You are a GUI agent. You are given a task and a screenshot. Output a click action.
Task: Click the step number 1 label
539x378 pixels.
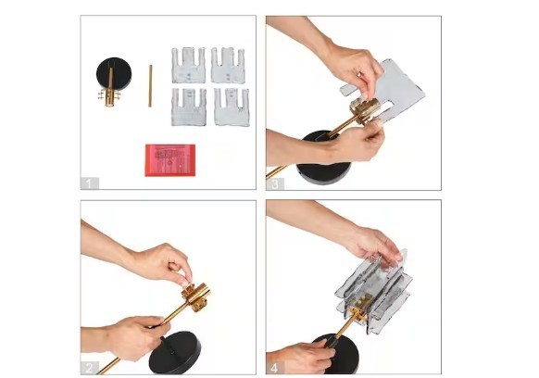(x=90, y=183)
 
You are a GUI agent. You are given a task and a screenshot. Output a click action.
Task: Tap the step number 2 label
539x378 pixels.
(x=90, y=368)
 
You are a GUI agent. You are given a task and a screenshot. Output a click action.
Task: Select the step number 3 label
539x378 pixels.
(x=275, y=184)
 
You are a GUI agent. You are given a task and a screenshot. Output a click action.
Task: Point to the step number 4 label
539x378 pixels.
(x=275, y=368)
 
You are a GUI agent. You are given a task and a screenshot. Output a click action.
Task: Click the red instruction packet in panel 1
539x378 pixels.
(x=170, y=160)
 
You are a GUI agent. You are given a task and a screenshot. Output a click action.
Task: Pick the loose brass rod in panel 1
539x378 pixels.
(x=150, y=86)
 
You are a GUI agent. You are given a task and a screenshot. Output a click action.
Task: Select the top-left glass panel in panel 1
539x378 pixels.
(x=188, y=66)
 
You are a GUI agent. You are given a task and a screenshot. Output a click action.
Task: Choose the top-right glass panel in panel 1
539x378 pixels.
(x=228, y=66)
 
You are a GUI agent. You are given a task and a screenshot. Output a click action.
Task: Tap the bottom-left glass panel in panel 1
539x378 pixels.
(x=189, y=107)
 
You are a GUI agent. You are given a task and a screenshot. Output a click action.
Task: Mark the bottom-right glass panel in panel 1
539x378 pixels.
(x=232, y=107)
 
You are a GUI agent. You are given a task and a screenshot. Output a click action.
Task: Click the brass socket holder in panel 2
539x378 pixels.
(x=196, y=296)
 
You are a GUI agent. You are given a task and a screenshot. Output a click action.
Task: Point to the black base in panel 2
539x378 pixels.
(x=175, y=353)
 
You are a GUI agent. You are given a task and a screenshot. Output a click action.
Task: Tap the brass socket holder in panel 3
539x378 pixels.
(x=364, y=110)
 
